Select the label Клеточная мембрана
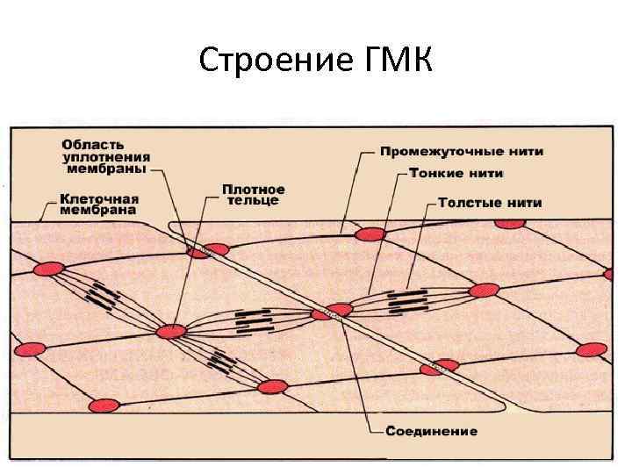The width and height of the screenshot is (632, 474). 98,204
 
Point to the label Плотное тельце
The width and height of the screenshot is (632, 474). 253,194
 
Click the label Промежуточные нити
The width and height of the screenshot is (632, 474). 461,151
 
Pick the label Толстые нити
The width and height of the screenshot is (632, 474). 490,203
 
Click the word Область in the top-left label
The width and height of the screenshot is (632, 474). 91,143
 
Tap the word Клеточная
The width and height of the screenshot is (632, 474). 98,197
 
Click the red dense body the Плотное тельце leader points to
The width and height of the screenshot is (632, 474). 170,331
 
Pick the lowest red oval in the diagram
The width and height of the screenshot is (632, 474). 106,405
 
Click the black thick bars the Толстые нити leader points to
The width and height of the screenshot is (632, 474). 406,301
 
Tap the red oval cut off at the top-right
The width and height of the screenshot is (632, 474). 509,223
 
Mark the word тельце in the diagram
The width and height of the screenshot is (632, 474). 253,200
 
